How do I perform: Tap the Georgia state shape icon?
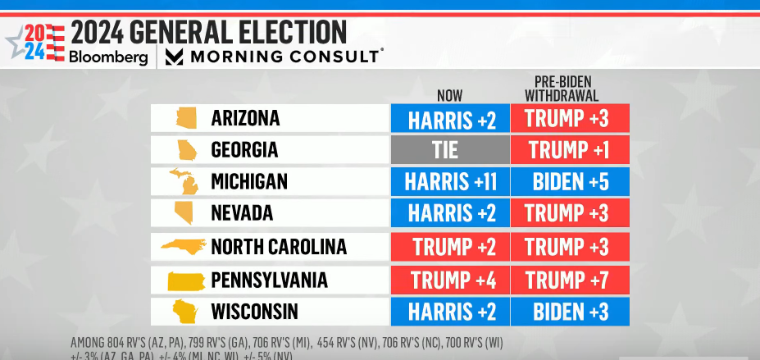[186, 150]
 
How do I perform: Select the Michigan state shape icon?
[184, 181]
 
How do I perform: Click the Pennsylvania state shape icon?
[186, 280]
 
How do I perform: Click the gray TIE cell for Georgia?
[449, 150]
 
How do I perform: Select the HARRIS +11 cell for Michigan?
[449, 181]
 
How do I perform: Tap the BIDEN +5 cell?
[569, 181]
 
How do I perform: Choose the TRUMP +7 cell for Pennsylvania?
[569, 280]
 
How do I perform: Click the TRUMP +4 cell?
[449, 280]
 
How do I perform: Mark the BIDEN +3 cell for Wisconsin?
[569, 312]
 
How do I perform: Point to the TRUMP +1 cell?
[569, 150]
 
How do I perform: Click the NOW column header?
[450, 93]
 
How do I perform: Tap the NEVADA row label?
[242, 213]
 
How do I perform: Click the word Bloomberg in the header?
[107, 57]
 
